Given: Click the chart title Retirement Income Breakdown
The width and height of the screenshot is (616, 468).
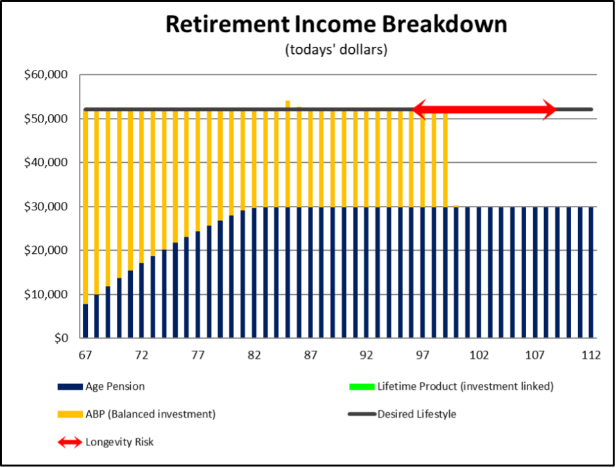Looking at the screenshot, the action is (x=336, y=24).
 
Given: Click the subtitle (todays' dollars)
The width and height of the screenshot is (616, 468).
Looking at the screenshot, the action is (x=336, y=50).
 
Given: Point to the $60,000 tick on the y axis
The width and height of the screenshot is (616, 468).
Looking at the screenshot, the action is (x=46, y=74).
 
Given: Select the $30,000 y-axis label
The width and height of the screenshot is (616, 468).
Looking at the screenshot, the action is (x=46, y=206).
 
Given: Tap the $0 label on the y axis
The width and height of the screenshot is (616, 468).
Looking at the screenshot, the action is (x=61, y=338).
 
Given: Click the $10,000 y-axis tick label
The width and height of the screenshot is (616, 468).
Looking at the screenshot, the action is (x=46, y=294).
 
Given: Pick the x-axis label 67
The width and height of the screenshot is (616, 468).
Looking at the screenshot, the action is (x=85, y=355).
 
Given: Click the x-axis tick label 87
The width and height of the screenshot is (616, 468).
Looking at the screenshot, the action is (x=311, y=355).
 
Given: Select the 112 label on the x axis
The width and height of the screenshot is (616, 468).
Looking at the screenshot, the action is (x=591, y=355).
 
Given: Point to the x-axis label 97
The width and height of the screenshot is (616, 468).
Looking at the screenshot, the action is (x=423, y=355).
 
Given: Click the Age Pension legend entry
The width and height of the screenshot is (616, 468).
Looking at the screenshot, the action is (x=101, y=387).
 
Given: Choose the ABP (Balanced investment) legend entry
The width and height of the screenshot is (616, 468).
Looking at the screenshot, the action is (x=137, y=414).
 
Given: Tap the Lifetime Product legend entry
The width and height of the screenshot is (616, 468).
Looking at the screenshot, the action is (x=451, y=387).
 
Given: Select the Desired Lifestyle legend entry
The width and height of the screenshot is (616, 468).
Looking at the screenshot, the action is (x=402, y=414).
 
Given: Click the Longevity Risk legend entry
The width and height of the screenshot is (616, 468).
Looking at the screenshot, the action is (x=106, y=442).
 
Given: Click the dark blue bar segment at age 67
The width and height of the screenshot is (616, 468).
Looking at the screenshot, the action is (x=85, y=321).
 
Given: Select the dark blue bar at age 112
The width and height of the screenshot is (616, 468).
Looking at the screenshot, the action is (x=591, y=272).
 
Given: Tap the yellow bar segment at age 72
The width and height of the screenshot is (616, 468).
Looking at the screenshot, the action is (x=141, y=187).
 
